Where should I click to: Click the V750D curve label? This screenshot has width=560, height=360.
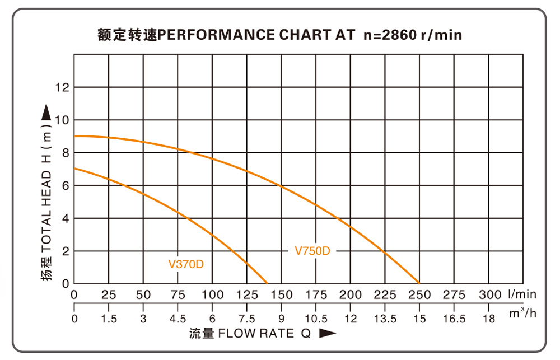pos(312,251)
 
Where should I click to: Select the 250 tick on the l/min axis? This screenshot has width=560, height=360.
pos(419,294)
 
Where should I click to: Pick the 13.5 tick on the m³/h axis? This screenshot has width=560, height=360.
pos(385,319)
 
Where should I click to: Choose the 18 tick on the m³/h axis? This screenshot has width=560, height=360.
pos(489,319)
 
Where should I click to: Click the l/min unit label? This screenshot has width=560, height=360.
pos(522,294)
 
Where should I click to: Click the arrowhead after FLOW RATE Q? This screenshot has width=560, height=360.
pos(328,334)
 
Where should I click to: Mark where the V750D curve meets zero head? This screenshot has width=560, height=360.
pos(419,283)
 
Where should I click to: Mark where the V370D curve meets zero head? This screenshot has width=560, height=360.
pos(267,283)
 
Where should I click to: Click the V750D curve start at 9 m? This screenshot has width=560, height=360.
pos(74,136)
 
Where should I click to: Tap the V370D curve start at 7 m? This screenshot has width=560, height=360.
pos(74,169)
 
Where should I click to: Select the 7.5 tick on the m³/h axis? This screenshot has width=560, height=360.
pos(247,319)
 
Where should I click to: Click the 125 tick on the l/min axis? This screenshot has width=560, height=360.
pos(247,294)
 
